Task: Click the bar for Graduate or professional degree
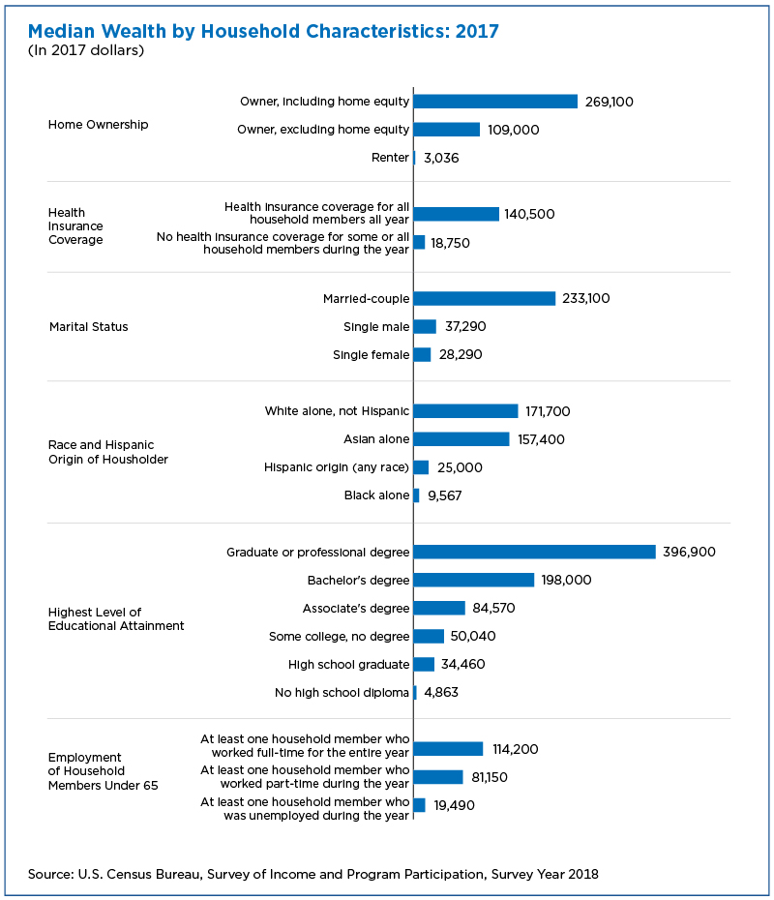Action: (534, 552)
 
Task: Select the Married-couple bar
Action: (485, 298)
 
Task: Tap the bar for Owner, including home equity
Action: (495, 102)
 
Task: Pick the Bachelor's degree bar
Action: (473, 580)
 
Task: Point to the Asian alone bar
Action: (461, 439)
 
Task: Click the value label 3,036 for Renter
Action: (441, 158)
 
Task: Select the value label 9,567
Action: (445, 495)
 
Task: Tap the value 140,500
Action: (529, 214)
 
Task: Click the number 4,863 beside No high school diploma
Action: (441, 692)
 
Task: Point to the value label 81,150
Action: (490, 777)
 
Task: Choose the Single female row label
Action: (372, 355)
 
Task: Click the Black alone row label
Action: (377, 495)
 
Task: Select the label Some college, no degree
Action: (339, 636)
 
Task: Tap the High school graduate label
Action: (349, 665)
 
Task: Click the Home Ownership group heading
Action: (98, 125)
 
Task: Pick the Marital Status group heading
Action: (89, 326)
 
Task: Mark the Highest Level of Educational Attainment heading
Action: (116, 618)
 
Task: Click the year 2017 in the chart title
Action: (477, 31)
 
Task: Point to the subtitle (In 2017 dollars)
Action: (86, 50)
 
